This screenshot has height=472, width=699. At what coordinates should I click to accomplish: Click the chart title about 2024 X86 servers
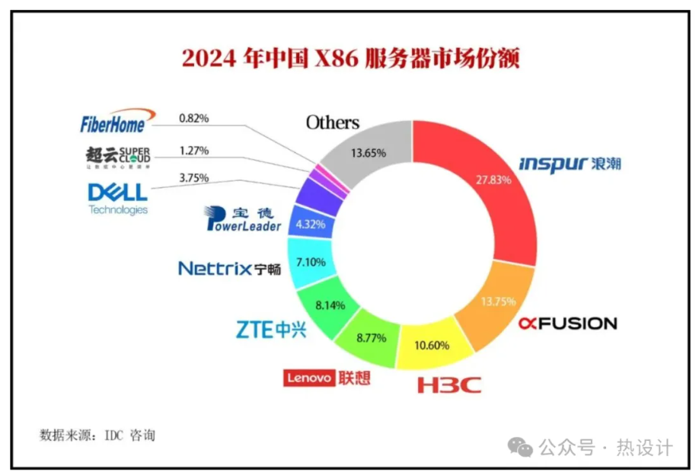point(349,59)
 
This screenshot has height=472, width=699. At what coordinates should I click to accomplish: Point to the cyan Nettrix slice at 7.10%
point(310,262)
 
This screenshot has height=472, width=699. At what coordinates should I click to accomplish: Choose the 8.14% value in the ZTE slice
point(330,305)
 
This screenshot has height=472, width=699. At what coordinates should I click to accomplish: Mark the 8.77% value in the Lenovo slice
point(371,337)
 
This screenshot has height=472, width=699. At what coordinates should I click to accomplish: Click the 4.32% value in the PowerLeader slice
point(310,225)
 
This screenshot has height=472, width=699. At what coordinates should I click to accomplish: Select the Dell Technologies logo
point(117,198)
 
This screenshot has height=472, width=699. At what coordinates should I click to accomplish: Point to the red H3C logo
point(449,384)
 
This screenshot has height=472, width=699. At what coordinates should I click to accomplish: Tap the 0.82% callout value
point(193,119)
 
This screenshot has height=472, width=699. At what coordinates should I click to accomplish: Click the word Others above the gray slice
point(332,123)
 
